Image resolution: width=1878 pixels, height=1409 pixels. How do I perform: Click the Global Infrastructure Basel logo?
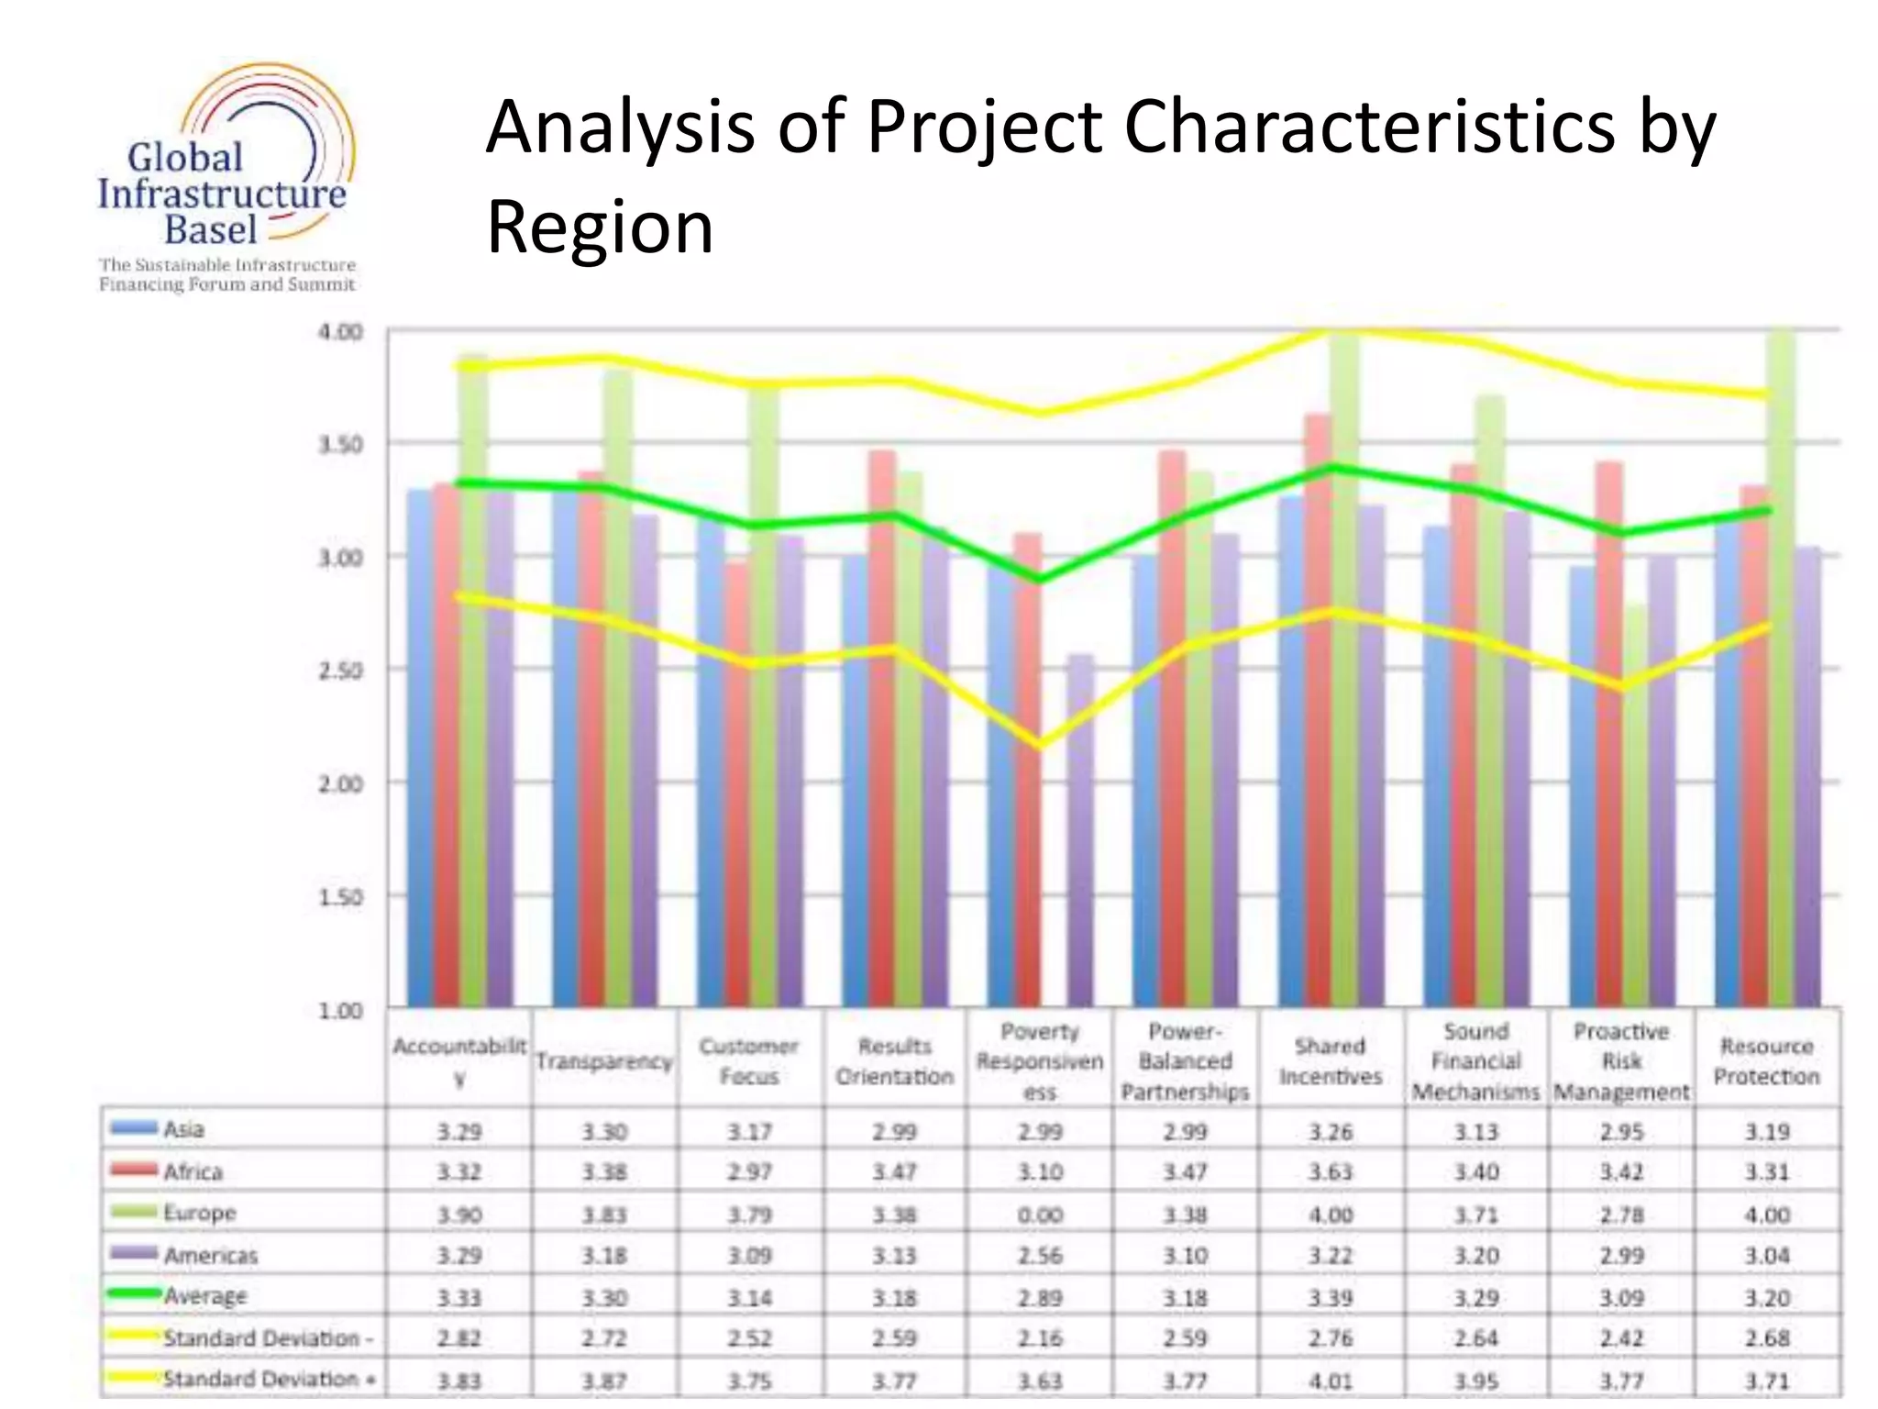click(x=226, y=179)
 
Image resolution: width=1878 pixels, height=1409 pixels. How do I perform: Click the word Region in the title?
click(x=599, y=227)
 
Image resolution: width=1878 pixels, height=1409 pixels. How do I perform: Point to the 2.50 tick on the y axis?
click(x=340, y=671)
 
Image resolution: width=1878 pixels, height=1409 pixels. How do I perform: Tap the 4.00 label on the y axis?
click(x=340, y=332)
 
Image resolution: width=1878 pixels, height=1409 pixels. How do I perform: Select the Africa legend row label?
click(x=193, y=1172)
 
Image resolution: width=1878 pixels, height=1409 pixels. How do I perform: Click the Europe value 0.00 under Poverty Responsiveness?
click(x=1040, y=1215)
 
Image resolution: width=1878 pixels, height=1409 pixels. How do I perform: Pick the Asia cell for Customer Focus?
click(x=749, y=1132)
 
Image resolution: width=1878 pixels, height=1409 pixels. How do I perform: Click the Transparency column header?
click(x=604, y=1061)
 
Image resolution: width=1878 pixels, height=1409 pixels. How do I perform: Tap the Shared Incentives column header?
click(x=1330, y=1061)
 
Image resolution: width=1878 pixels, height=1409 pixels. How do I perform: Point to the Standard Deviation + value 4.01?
click(x=1330, y=1381)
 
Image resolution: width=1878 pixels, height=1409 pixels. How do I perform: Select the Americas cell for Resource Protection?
click(x=1766, y=1255)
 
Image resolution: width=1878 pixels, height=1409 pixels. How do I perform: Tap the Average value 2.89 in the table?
click(x=1040, y=1298)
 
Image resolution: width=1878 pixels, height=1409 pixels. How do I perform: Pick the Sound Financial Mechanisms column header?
click(x=1475, y=1061)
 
